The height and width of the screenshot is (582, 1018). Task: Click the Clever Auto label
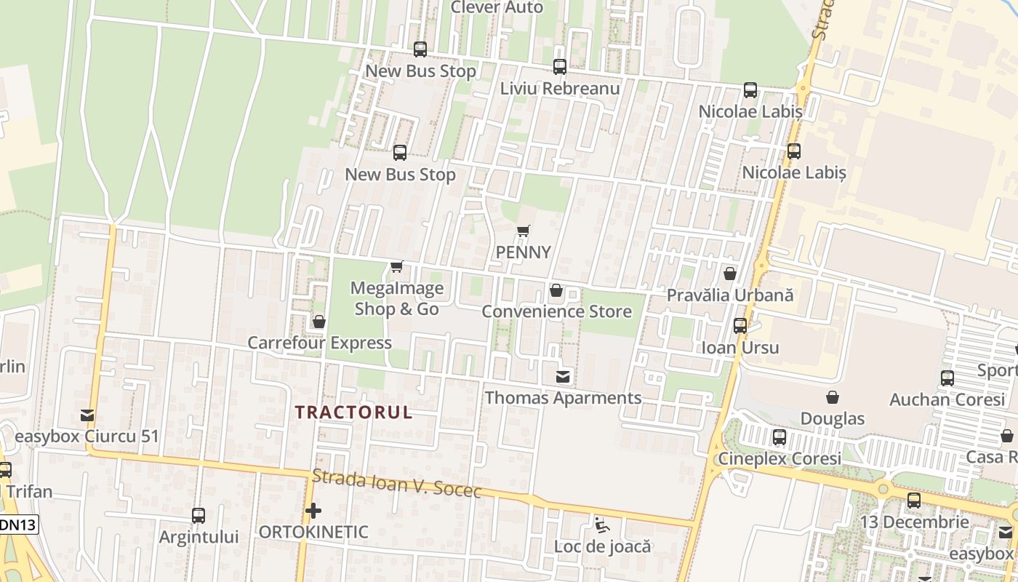[497, 7]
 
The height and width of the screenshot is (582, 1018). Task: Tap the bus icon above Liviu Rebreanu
[560, 67]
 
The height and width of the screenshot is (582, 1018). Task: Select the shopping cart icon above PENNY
[523, 231]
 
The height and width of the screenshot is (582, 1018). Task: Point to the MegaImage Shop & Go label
[397, 298]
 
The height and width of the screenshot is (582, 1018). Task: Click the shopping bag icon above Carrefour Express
[318, 322]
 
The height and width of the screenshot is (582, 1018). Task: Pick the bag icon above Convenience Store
[556, 290]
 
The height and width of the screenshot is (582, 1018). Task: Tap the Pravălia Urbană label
[730, 296]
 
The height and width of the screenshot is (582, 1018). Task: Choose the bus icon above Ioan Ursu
[740, 326]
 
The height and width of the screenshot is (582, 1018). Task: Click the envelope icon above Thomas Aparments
[563, 377]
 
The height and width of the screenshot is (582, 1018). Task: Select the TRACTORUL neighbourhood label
[353, 412]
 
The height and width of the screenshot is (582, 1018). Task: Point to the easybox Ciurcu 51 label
[87, 436]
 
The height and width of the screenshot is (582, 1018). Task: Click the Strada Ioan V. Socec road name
[396, 485]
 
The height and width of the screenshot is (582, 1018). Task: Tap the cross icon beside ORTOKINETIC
[313, 511]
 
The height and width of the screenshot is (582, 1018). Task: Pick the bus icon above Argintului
[199, 516]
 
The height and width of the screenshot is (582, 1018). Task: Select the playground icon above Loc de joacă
[601, 525]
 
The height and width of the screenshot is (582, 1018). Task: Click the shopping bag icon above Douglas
[833, 397]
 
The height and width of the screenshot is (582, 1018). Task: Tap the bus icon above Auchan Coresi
[947, 378]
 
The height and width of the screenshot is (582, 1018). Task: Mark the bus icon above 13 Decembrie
[914, 501]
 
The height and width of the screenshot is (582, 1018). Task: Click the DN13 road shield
[18, 524]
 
